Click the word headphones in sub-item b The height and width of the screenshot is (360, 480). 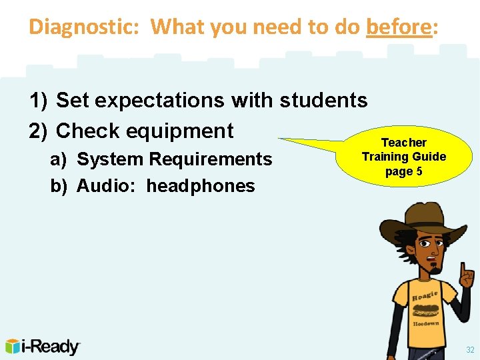tap(201, 186)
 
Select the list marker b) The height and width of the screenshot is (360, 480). tap(59, 186)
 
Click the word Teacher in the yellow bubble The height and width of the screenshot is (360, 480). tap(403, 143)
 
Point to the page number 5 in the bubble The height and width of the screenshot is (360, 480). tap(419, 171)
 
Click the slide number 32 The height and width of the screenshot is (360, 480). tap(470, 349)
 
